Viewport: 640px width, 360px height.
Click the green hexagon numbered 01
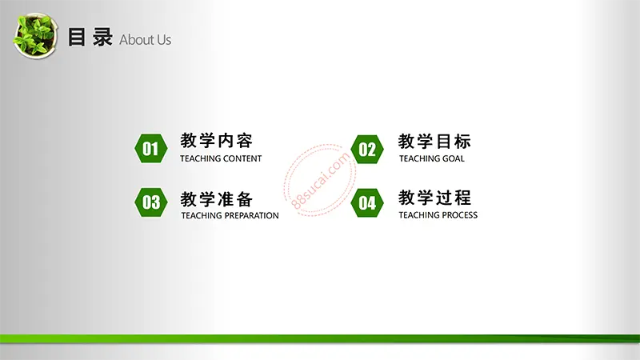pos(151,149)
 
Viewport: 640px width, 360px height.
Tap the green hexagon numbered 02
pos(367,150)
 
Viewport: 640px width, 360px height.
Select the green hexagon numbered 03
pos(151,202)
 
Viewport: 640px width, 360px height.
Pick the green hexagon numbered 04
pos(367,203)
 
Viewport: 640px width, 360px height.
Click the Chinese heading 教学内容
pos(217,141)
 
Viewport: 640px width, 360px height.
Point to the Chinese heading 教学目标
pos(434,142)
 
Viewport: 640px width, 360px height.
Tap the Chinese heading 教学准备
pos(217,199)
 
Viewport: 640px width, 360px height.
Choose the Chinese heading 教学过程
pos(434,198)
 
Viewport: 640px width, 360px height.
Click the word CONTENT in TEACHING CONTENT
pos(241,158)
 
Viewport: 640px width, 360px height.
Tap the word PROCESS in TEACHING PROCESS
pos(458,215)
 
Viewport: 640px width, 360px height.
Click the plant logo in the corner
pos(35,35)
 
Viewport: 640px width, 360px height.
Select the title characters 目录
pos(90,38)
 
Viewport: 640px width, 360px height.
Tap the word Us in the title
pos(164,39)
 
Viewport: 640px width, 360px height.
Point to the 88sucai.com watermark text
pos(321,180)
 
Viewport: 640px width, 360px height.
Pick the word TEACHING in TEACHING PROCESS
pos(417,215)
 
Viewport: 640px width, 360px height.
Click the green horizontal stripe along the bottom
pos(320,338)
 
